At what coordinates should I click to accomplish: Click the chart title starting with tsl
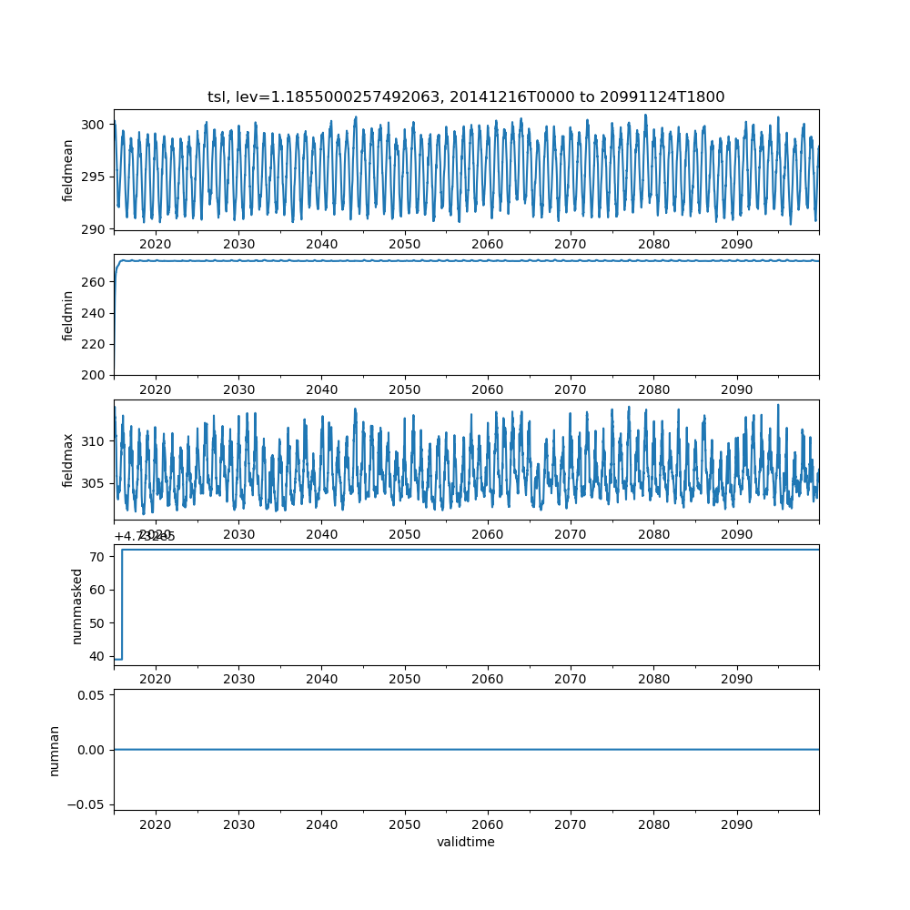(x=466, y=97)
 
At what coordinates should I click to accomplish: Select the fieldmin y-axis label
(x=68, y=315)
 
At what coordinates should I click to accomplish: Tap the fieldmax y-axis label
(x=68, y=460)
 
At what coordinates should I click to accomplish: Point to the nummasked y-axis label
(x=77, y=605)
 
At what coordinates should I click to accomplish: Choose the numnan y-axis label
(x=54, y=750)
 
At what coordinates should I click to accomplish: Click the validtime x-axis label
(x=466, y=843)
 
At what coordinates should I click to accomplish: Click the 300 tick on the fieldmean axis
(x=96, y=125)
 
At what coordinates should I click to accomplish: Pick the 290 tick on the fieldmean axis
(x=96, y=227)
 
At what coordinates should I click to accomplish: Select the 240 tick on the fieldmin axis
(x=96, y=313)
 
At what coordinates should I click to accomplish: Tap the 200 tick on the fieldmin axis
(x=96, y=375)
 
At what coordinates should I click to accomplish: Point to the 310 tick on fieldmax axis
(x=96, y=441)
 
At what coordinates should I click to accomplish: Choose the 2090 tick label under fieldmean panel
(x=736, y=244)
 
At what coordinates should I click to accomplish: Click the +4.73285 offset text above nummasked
(x=145, y=536)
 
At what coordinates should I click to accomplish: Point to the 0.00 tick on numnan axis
(x=91, y=750)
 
